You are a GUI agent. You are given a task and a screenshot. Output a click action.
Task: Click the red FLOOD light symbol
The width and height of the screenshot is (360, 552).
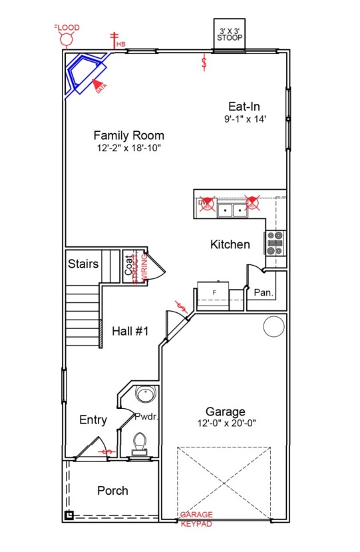click(x=67, y=39)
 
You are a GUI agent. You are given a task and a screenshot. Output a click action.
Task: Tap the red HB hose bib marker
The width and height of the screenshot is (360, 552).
click(x=114, y=41)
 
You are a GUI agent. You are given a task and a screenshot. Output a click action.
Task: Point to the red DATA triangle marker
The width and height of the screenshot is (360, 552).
click(x=98, y=85)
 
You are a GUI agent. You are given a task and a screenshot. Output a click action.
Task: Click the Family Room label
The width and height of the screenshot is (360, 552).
click(x=128, y=135)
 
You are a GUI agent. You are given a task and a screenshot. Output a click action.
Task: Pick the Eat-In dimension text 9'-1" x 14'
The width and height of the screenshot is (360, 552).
click(x=245, y=119)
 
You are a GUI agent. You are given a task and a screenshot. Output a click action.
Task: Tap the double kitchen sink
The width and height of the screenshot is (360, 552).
click(x=232, y=210)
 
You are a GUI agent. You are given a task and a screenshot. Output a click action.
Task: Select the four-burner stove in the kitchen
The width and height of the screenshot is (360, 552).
click(x=275, y=243)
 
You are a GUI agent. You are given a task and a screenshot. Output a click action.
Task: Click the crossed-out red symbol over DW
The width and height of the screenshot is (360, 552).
click(x=207, y=202)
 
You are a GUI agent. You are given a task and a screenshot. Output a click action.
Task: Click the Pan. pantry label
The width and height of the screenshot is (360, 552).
click(x=264, y=292)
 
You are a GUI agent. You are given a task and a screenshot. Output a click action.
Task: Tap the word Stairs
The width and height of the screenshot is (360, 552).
click(x=83, y=264)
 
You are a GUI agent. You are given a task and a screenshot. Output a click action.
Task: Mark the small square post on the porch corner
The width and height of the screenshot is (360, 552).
click(x=69, y=515)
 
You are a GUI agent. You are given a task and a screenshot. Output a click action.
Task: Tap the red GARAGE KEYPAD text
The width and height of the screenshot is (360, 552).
click(x=196, y=520)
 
